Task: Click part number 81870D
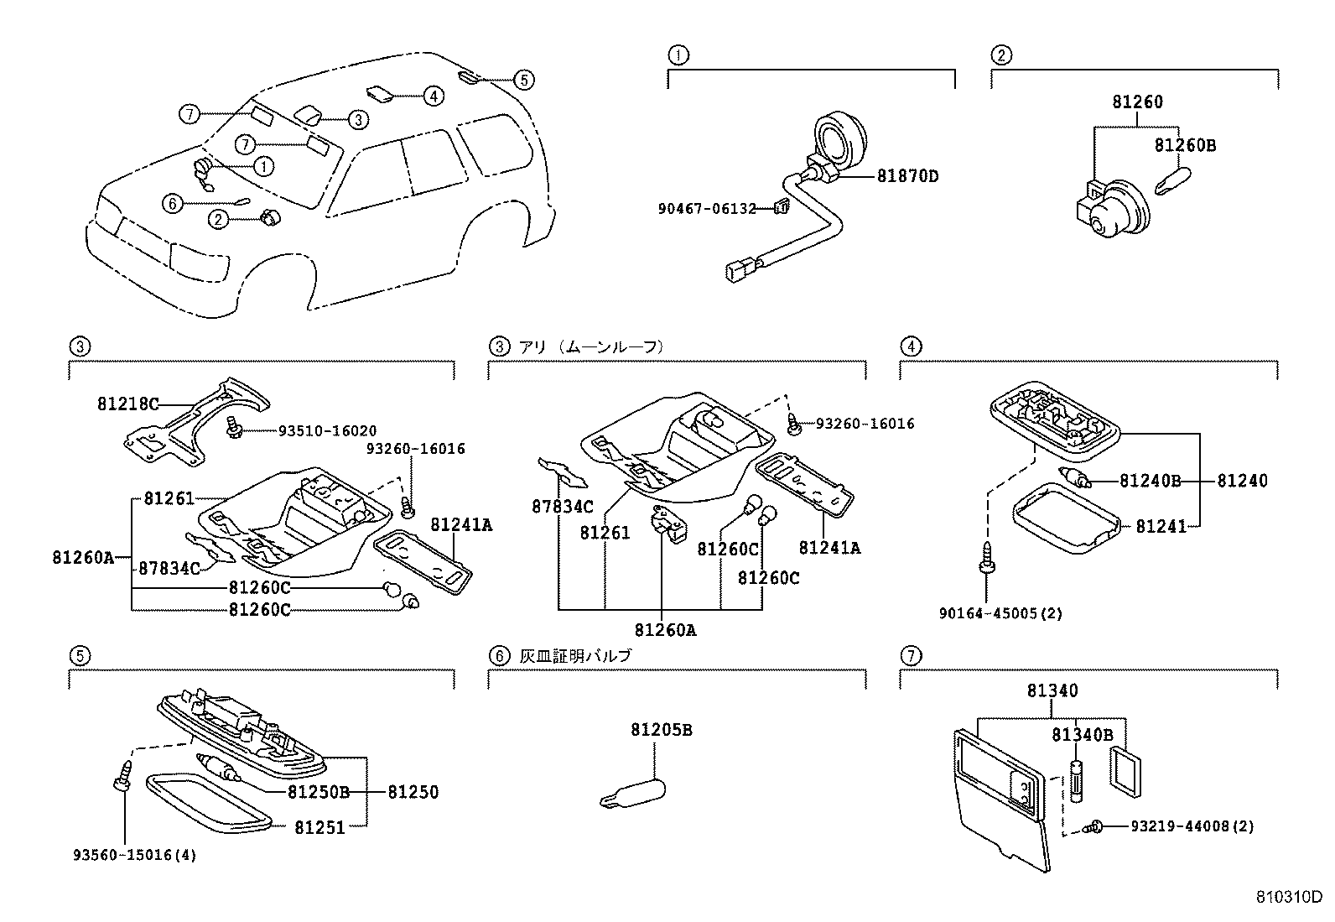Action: [x=907, y=176]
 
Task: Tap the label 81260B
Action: [x=1184, y=145]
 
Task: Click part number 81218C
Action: [x=127, y=404]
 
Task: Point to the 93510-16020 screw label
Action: [x=328, y=430]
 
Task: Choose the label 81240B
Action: [x=1150, y=481]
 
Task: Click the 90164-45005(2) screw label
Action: [x=1000, y=613]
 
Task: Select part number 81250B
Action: [x=318, y=791]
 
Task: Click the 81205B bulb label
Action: [x=662, y=730]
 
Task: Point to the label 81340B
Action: [x=1082, y=735]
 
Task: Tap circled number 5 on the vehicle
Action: [x=522, y=80]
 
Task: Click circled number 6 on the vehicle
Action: [x=171, y=203]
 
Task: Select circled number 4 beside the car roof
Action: [x=432, y=96]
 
